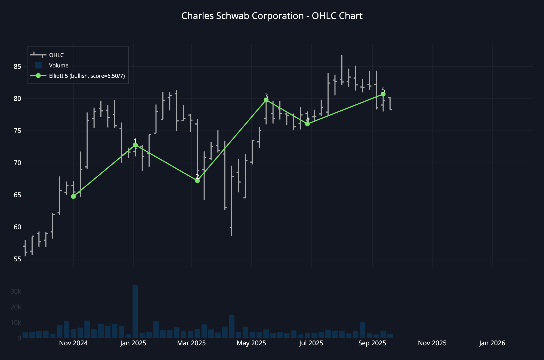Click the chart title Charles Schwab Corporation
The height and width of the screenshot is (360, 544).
272,16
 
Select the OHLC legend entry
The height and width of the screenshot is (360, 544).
56,55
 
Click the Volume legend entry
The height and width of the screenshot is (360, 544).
58,66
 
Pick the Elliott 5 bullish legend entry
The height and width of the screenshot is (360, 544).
87,76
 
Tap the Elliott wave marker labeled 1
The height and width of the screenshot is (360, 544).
135,145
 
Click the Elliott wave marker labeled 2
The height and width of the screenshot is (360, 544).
197,181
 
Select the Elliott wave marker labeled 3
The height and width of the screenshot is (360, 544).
266,100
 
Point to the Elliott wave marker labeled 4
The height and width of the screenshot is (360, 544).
307,124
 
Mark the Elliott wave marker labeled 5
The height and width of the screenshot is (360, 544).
383,94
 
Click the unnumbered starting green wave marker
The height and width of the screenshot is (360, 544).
73,196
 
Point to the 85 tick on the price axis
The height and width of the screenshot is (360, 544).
17,67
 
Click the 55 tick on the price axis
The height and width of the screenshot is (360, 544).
17,259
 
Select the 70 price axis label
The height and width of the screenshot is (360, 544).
17,163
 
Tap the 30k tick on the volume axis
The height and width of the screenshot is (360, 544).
16,291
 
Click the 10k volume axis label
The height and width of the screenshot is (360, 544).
16,323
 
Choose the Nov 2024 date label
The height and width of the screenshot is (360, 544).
73,343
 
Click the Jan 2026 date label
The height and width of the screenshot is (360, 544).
492,343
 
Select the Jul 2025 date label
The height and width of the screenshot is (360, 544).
311,343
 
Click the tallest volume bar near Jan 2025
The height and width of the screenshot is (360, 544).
135,311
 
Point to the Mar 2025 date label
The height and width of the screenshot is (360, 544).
191,343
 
